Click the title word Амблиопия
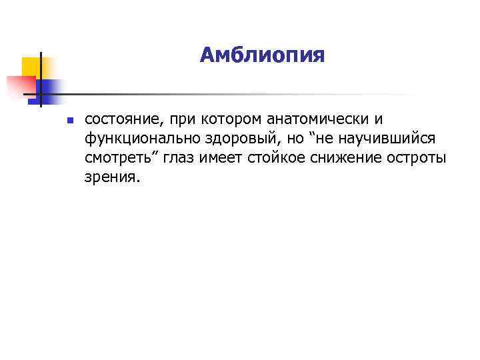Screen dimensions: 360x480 tap(262, 55)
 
